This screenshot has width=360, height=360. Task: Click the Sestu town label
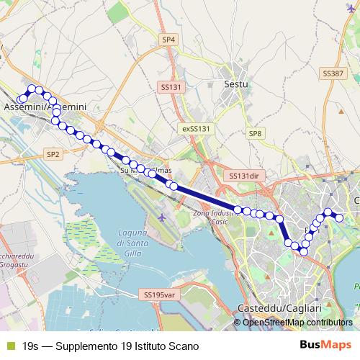(x=236, y=84)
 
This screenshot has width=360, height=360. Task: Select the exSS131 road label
(x=195, y=128)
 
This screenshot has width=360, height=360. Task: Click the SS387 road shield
(x=333, y=74)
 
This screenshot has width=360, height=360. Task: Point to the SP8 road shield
(x=255, y=134)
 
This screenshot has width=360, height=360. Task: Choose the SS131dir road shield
(x=243, y=176)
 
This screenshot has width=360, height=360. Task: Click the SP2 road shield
(x=53, y=154)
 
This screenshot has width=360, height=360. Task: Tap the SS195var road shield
(x=159, y=294)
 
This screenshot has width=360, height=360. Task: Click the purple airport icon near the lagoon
(x=161, y=217)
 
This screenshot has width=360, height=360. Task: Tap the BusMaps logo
(x=325, y=346)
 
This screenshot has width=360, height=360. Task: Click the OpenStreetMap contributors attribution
(x=297, y=323)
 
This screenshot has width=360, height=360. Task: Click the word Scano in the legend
(x=183, y=346)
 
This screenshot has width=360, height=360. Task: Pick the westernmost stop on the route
(x=21, y=99)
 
